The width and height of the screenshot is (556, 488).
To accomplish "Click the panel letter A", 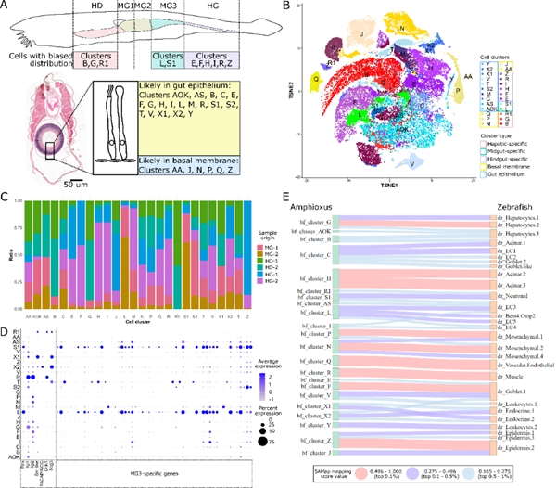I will click(6, 7).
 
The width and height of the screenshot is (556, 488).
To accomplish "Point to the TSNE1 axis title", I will click(385, 203).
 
